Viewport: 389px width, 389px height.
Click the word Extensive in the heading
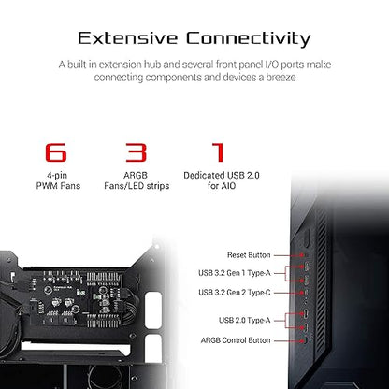127,38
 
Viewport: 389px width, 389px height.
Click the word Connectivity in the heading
249,39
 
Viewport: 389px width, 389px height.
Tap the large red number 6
56,152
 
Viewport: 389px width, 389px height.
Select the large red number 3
136,152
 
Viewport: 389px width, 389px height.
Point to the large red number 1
219,152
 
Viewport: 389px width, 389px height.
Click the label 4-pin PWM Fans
58,180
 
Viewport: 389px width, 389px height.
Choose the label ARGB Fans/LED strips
137,180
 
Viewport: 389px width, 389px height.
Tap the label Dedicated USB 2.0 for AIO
222,180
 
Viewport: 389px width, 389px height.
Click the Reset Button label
249,255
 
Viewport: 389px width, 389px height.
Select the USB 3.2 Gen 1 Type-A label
235,273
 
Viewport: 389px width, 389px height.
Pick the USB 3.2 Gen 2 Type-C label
235,293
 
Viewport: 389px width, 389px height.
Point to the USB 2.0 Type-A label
244,321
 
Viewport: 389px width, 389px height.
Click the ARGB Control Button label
236,340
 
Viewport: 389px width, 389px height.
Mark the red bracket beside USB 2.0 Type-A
286,321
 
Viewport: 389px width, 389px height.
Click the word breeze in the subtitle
281,78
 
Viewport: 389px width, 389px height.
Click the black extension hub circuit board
78,298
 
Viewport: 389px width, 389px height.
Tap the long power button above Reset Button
307,238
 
